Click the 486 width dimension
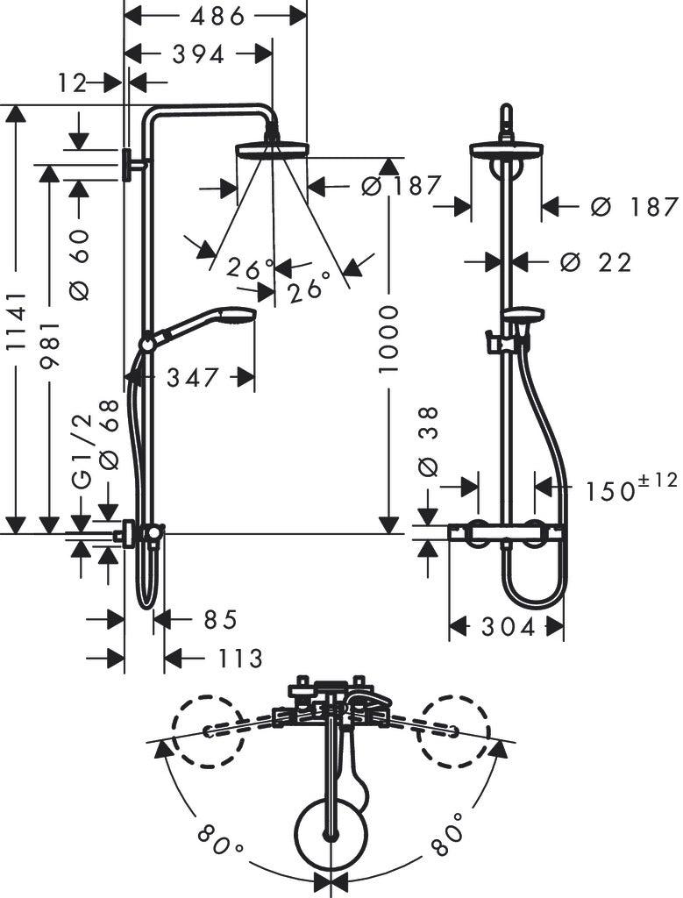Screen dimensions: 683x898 [217, 17]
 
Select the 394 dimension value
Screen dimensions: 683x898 [198, 55]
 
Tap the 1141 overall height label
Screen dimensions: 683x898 [17, 321]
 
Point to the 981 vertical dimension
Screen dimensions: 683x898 [50, 345]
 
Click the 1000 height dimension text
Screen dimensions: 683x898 [388, 339]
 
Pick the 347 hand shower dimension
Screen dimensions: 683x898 [193, 377]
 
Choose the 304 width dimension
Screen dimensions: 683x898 [509, 627]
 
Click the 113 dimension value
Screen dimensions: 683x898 [240, 659]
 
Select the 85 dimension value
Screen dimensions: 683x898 [220, 620]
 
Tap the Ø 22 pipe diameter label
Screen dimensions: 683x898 [596, 262]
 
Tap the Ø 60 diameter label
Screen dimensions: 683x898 [81, 265]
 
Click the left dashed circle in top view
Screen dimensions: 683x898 [209, 731]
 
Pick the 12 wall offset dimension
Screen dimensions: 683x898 [72, 83]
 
